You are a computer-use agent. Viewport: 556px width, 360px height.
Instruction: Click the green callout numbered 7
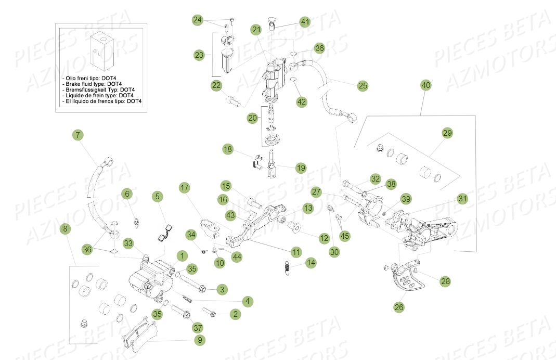coord(77,136)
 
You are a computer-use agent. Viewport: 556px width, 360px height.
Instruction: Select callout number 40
coord(426,85)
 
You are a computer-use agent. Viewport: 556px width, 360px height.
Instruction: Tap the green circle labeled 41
coord(304,22)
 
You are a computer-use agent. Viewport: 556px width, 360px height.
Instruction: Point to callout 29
coord(447,133)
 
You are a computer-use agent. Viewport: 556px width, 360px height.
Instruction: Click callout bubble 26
coord(398,307)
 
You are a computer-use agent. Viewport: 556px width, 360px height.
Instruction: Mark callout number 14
coord(311,263)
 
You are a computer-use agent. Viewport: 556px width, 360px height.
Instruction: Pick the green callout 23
coord(199,55)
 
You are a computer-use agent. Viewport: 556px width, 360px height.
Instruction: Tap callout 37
coord(198,328)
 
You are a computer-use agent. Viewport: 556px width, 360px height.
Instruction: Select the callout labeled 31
coord(462,199)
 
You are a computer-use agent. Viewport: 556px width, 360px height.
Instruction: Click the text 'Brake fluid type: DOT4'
coord(92,84)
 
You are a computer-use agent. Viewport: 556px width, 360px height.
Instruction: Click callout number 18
coord(228,150)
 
